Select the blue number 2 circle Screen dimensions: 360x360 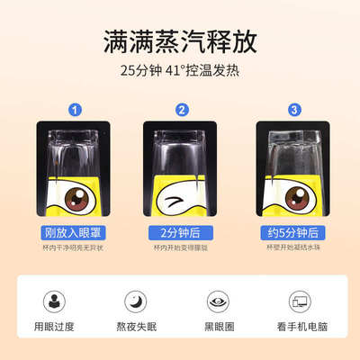tap(182, 111)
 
